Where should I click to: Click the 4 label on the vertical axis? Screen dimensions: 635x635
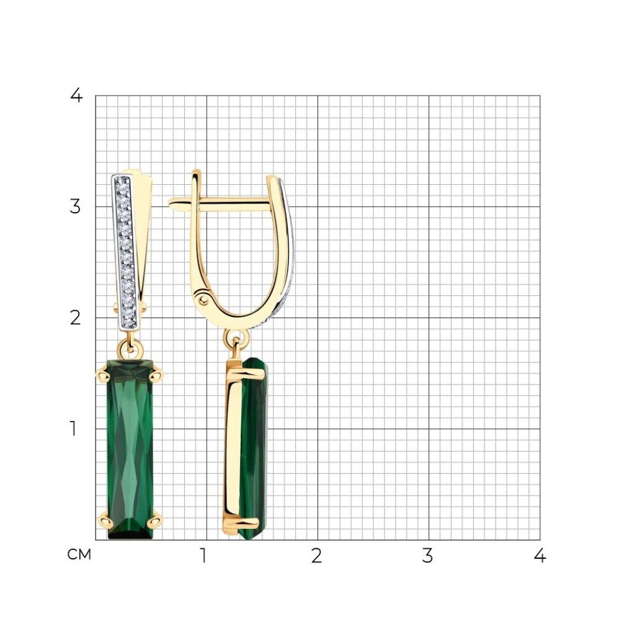(x=76, y=96)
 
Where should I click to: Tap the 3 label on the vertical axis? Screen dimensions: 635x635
(x=75, y=207)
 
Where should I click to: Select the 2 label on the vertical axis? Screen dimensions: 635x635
(x=75, y=318)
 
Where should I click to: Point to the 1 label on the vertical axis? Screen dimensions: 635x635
(x=73, y=429)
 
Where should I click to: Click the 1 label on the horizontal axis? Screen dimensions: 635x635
(x=203, y=556)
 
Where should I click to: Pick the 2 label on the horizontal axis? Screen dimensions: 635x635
(x=317, y=556)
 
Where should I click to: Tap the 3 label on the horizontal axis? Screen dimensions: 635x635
(x=428, y=556)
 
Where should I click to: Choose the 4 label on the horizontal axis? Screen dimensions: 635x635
(x=540, y=556)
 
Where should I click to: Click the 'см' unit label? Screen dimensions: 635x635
(x=79, y=554)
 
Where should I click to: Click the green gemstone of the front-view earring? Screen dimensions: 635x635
(x=130, y=450)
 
